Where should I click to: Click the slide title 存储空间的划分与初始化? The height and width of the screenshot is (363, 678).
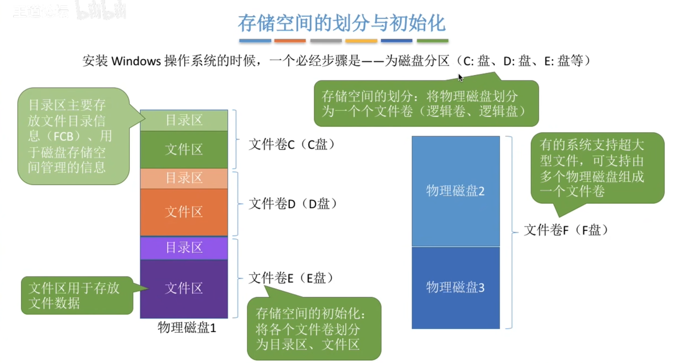coord(342,23)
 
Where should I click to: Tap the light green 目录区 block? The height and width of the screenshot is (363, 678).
coord(184,120)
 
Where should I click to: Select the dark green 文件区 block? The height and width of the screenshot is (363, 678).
coord(184,149)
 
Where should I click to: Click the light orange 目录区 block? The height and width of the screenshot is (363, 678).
coord(184,178)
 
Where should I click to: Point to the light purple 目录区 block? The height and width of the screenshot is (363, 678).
coord(184,248)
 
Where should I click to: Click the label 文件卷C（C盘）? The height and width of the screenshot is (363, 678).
coord(291,145)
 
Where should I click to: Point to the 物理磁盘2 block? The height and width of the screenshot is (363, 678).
coord(456,191)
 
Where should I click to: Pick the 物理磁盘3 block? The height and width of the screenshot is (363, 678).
coord(456,287)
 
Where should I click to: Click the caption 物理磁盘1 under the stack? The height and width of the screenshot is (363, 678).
coord(187,328)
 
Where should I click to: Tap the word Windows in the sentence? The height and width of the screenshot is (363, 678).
coord(136,61)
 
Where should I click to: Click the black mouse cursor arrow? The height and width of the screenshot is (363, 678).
coord(460,78)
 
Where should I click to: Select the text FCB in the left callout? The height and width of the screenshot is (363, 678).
coord(64,136)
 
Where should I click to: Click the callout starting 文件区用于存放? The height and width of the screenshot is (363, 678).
coord(77,295)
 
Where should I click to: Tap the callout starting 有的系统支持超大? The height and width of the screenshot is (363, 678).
coord(598,168)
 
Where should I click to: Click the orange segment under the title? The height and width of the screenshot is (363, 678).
coord(290,41)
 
